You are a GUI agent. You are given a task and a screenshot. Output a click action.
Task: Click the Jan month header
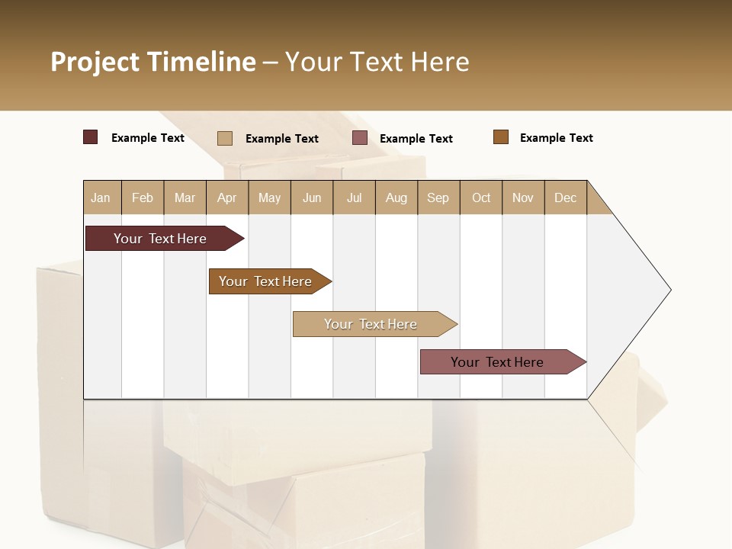tap(101, 197)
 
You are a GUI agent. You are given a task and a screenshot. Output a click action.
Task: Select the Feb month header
tap(143, 197)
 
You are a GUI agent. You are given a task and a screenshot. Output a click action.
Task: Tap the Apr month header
tap(227, 197)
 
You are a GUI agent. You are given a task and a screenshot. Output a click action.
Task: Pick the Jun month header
tap(312, 197)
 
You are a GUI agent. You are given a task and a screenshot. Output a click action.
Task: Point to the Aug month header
tap(396, 197)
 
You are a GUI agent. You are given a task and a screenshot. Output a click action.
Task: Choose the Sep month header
tap(438, 197)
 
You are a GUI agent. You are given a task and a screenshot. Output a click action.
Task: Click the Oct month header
tap(481, 197)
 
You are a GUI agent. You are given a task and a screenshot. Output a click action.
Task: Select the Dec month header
tap(566, 197)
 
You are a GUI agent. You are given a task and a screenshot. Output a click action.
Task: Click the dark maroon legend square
tap(91, 137)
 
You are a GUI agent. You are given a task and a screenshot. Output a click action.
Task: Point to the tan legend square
tap(225, 138)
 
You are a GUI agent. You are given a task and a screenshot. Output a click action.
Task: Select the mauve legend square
tap(360, 137)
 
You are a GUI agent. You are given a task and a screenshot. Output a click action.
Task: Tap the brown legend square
tap(501, 137)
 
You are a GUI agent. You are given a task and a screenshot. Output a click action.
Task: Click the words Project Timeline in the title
tap(153, 62)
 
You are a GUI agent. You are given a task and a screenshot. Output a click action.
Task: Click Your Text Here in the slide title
tap(377, 62)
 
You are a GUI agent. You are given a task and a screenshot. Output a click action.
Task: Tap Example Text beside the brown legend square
tap(556, 138)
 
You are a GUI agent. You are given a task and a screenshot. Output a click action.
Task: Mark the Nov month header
tap(523, 197)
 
